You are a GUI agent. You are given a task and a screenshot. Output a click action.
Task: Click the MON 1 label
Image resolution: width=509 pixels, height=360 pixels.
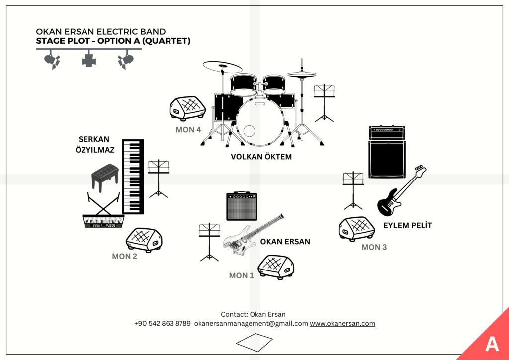click(x=241, y=275)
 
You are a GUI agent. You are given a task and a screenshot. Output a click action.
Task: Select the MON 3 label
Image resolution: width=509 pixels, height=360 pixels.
click(x=374, y=247)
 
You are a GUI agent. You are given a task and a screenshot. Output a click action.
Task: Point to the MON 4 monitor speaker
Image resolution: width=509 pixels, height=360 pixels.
click(x=187, y=108)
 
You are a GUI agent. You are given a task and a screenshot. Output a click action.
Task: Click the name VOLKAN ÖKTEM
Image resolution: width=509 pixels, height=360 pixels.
click(x=261, y=157)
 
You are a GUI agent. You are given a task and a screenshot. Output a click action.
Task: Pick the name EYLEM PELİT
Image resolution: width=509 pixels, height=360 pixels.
click(x=408, y=225)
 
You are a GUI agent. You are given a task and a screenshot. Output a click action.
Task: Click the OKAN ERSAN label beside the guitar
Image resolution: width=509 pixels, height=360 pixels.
click(x=285, y=242)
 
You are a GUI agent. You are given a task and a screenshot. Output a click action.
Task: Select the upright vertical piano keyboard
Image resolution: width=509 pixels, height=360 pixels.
click(x=133, y=177)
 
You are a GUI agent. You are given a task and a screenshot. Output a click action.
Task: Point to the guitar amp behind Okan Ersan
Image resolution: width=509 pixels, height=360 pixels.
click(x=242, y=206)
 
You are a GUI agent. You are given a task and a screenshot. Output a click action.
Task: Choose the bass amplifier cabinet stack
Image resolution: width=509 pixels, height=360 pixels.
click(x=387, y=152)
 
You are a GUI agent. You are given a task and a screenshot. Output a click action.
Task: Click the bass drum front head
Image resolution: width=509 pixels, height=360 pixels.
click(x=259, y=122)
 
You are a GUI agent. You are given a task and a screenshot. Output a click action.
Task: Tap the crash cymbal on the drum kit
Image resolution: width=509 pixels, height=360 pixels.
click(x=222, y=67)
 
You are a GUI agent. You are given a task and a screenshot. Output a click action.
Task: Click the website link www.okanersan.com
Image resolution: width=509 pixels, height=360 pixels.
click(x=342, y=323)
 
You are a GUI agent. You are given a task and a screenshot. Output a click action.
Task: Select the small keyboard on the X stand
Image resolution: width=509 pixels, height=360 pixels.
click(x=102, y=221)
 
